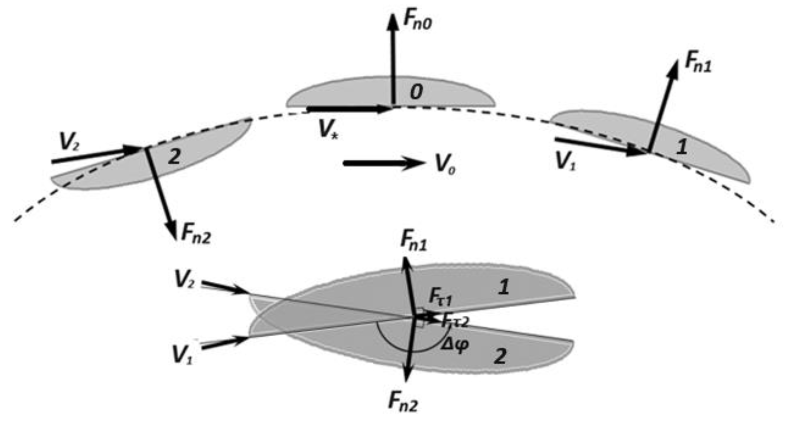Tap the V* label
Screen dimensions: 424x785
pos(328,129)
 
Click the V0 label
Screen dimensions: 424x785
pos(445,165)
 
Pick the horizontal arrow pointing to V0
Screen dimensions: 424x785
pos(384,163)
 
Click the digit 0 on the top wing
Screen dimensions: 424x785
pos(416,92)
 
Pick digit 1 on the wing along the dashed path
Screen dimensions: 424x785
pos(681,148)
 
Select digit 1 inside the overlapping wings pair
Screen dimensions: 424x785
pos(503,287)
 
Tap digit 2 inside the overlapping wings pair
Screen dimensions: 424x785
pos(500,356)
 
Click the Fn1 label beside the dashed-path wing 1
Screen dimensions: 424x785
pos(698,65)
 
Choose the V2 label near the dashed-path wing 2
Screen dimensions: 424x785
pos(70,142)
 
